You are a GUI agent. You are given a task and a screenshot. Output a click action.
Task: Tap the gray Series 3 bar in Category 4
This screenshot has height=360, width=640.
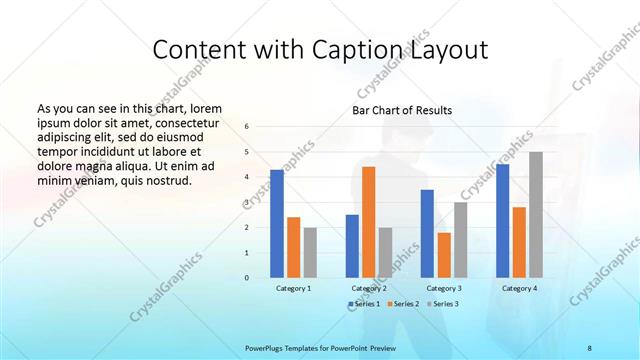(x=536, y=215)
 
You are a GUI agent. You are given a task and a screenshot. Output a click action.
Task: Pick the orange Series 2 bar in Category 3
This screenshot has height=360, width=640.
(x=443, y=255)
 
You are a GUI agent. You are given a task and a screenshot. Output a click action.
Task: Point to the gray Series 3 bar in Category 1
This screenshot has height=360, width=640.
(x=310, y=252)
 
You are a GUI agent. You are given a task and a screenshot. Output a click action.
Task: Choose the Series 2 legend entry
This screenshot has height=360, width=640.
(x=402, y=303)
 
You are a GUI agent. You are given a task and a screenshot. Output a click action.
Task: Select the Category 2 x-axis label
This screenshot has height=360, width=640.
(x=369, y=288)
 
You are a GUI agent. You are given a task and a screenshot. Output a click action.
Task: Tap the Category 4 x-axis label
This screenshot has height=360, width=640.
(x=519, y=288)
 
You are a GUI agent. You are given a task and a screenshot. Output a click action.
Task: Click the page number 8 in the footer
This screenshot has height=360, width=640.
(x=589, y=347)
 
